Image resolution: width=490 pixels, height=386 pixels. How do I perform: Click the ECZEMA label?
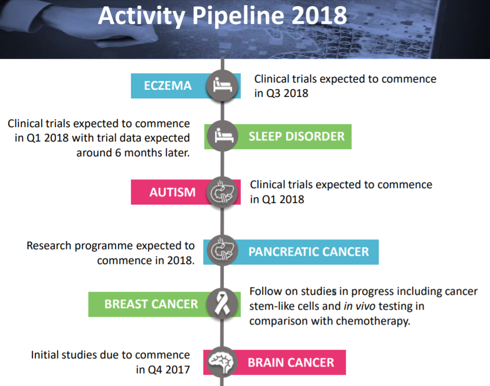[x=168, y=86]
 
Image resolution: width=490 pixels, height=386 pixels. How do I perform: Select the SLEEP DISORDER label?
[x=297, y=136]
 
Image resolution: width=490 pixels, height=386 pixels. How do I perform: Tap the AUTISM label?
[x=172, y=192]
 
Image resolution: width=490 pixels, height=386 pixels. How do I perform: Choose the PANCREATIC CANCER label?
[x=309, y=252]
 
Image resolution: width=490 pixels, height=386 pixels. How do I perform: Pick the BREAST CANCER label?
[x=151, y=304]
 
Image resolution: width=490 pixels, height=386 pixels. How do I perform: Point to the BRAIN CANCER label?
[x=291, y=362]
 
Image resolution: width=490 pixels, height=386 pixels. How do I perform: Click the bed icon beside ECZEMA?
[x=223, y=85]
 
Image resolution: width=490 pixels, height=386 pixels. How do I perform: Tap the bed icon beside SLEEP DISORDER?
[x=224, y=135]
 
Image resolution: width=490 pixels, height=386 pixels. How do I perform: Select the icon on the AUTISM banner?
[x=222, y=192]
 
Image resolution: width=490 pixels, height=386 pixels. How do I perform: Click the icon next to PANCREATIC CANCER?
[x=222, y=250]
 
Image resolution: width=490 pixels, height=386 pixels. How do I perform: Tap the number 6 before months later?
[x=118, y=153]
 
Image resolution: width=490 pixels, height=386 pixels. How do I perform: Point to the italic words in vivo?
[x=359, y=306]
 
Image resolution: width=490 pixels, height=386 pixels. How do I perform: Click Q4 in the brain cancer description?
[x=155, y=370]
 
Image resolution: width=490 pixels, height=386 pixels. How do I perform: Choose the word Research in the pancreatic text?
[x=49, y=246]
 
